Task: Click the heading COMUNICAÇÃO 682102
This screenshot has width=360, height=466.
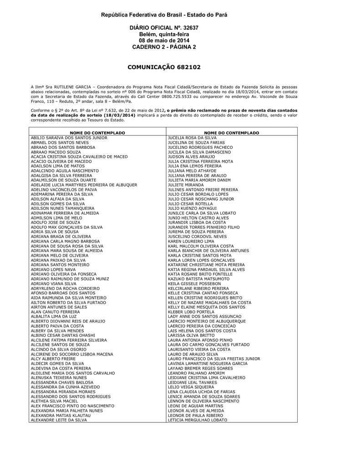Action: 164,67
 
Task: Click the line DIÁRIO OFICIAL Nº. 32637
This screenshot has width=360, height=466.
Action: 164,28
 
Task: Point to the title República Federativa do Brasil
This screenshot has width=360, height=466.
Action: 164,15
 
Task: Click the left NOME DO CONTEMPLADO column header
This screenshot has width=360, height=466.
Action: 97,132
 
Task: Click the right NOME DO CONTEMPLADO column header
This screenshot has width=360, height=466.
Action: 232,132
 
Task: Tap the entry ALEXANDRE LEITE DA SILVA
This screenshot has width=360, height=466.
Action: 59,420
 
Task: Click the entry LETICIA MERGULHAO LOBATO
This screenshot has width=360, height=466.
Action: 198,420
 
